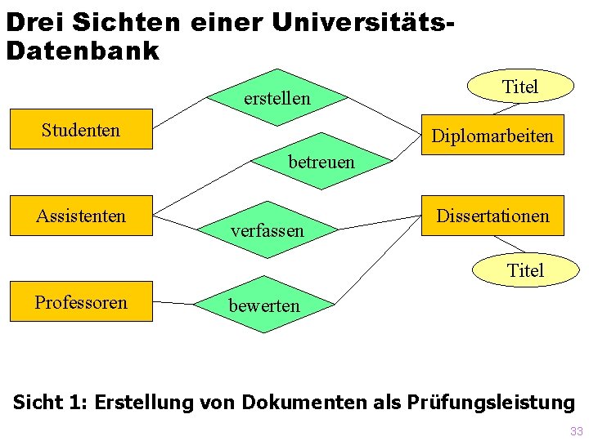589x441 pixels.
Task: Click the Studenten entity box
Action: [x=81, y=129]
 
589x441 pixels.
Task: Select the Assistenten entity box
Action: [x=81, y=216]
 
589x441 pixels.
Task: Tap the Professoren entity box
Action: [x=81, y=301]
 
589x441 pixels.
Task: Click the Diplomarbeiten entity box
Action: [x=492, y=136]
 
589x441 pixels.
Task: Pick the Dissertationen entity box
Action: [x=492, y=216]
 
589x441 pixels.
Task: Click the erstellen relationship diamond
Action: [x=277, y=98]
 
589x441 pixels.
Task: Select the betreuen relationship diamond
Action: [x=321, y=161]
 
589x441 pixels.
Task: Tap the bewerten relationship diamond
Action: [x=264, y=305]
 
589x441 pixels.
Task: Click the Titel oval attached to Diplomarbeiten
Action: [x=519, y=87]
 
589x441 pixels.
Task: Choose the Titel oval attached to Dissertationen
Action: [x=525, y=269]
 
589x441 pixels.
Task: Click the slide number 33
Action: [x=576, y=431]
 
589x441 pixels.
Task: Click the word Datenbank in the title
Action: [x=82, y=51]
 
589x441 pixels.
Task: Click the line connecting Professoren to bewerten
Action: [x=173, y=302]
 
